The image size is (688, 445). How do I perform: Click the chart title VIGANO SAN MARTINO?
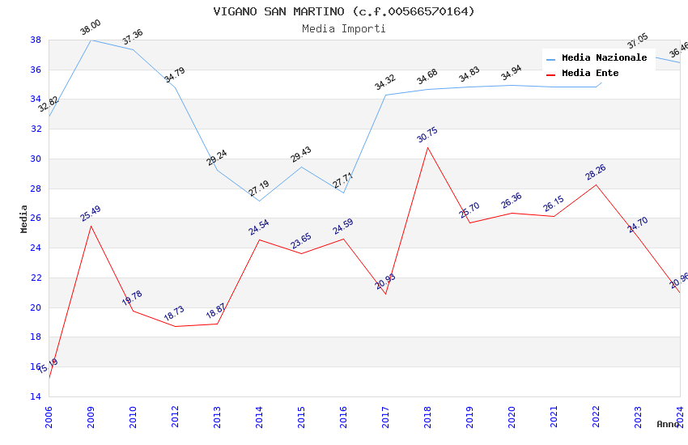(344, 11)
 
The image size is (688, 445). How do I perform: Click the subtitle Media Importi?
(344, 28)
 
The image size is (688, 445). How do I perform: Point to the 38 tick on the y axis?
(36, 40)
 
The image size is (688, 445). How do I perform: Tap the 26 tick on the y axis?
(36, 218)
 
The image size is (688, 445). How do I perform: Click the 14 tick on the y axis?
(36, 396)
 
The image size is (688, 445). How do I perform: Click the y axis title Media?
(24, 218)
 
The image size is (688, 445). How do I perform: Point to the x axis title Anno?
(668, 424)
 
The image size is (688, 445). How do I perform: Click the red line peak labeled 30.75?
(427, 147)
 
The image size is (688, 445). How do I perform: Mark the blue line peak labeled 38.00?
(91, 40)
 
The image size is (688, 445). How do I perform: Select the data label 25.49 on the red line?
(91, 214)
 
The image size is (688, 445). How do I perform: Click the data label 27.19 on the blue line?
(259, 189)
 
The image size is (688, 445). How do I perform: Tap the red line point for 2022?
(596, 184)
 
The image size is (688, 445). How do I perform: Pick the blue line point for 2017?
(385, 95)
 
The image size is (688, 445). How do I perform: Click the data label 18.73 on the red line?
(174, 314)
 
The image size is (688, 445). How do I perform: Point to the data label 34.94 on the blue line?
(511, 74)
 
